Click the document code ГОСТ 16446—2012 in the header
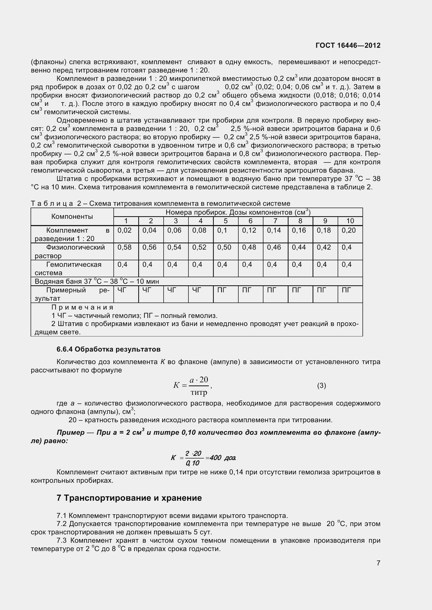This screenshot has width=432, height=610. coord(348,45)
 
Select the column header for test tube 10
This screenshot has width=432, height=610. coord(350,221)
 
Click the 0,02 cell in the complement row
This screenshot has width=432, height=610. coord(125,230)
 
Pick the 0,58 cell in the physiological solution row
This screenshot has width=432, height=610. coord(125,247)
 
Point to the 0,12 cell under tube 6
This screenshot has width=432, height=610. coord(249,230)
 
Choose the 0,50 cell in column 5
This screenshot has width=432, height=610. coord(224,247)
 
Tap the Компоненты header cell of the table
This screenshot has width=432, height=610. coord(72,216)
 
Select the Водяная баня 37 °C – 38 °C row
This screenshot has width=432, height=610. coord(97,281)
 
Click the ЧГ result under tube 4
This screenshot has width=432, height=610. coord(197,290)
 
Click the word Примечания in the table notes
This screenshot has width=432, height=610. coord(82,307)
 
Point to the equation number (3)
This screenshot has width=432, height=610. coord(321,385)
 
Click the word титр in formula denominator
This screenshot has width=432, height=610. coord(199,392)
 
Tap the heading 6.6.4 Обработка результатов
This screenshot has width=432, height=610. coord(108,349)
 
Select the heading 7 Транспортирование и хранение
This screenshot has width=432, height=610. coord(129,498)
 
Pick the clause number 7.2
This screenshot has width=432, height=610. coord(62,524)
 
